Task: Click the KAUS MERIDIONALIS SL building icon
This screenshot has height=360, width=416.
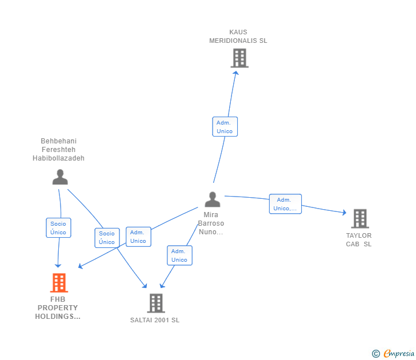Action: pos(239,58)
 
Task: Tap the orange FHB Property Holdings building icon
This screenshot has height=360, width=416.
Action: pos(59,283)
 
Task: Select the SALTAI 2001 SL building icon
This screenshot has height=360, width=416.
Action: pos(155,303)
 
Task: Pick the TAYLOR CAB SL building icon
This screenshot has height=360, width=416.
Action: pos(359,218)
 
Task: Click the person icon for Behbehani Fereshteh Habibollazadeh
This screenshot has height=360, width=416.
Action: pos(59,177)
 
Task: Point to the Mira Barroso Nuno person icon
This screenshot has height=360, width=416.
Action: pos(212,199)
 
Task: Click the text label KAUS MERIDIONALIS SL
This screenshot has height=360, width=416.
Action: pos(238,37)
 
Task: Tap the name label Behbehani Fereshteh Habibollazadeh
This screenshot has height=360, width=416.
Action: pos(58,150)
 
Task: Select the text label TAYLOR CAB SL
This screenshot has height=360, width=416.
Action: pos(359,240)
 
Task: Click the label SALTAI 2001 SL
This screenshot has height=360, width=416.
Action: pos(155,320)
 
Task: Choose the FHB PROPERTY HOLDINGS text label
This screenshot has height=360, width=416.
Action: pos(58,308)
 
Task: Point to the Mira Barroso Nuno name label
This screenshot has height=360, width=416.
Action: pos(211,223)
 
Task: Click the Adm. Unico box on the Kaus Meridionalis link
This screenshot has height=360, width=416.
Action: pos(225,127)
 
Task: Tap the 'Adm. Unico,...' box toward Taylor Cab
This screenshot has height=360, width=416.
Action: pos(285,204)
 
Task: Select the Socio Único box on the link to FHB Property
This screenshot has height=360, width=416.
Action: pos(58,228)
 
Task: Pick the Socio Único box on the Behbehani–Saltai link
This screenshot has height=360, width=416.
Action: pos(107,238)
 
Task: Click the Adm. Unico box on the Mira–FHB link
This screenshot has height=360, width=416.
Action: pos(138,237)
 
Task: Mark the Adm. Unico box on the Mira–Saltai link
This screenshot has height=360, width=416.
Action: pos(179,255)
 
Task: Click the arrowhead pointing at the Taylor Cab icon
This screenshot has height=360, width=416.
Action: pos(344,213)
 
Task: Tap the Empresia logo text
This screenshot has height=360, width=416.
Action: pos(398,354)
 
